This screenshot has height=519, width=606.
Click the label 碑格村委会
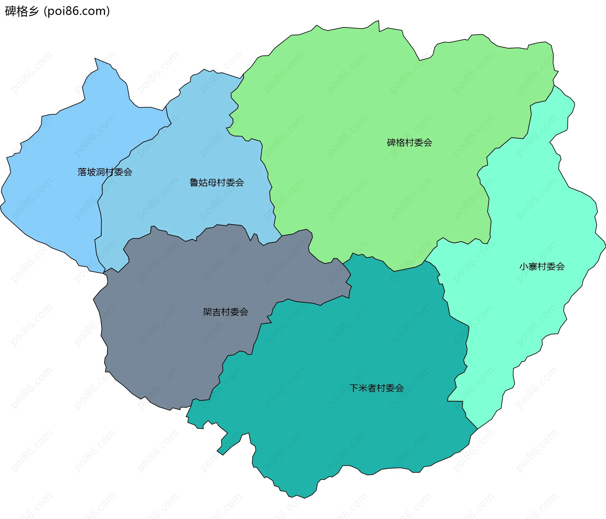(409, 143)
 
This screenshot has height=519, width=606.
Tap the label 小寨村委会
(542, 267)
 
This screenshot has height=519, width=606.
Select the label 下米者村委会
(377, 388)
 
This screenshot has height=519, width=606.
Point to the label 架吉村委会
(225, 312)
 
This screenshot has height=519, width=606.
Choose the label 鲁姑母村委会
(217, 183)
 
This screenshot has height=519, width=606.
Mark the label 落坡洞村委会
(105, 172)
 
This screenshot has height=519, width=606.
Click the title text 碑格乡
(21, 11)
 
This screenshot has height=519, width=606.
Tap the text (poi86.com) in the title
(77, 11)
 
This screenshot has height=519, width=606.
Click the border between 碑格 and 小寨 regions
(489, 205)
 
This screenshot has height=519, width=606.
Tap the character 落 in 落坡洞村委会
(82, 172)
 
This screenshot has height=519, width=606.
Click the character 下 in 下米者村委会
(354, 388)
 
